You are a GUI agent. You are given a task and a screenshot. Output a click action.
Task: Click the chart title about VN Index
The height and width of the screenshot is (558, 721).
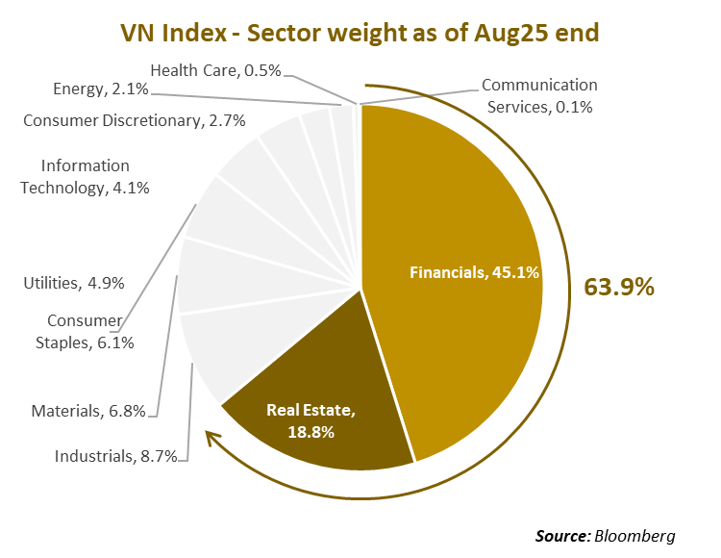click(360, 33)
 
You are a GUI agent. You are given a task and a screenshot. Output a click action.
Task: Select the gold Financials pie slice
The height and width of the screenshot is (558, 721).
click(461, 221)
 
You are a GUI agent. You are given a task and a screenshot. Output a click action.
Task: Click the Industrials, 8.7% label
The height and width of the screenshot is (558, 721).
click(116, 456)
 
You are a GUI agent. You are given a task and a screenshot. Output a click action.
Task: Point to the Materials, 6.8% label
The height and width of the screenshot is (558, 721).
click(88, 411)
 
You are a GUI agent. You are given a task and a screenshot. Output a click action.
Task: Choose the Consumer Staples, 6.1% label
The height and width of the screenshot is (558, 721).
click(90, 331)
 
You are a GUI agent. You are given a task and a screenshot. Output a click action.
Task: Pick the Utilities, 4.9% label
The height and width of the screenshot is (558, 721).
click(73, 283)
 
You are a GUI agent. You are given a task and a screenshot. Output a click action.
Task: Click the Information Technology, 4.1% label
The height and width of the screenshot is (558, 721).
click(85, 177)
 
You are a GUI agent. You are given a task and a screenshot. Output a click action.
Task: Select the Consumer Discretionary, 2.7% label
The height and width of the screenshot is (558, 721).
click(135, 120)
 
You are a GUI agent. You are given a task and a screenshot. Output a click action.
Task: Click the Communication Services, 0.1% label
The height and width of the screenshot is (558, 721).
click(539, 95)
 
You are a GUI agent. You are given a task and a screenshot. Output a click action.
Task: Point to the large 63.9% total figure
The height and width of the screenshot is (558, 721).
click(619, 286)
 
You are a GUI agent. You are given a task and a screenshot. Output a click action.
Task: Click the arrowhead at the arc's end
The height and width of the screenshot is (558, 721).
click(209, 439)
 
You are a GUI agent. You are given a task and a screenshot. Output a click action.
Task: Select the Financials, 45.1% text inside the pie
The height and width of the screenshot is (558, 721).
click(475, 272)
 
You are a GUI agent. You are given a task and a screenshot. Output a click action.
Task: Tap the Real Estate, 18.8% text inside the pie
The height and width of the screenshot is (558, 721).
click(311, 421)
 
